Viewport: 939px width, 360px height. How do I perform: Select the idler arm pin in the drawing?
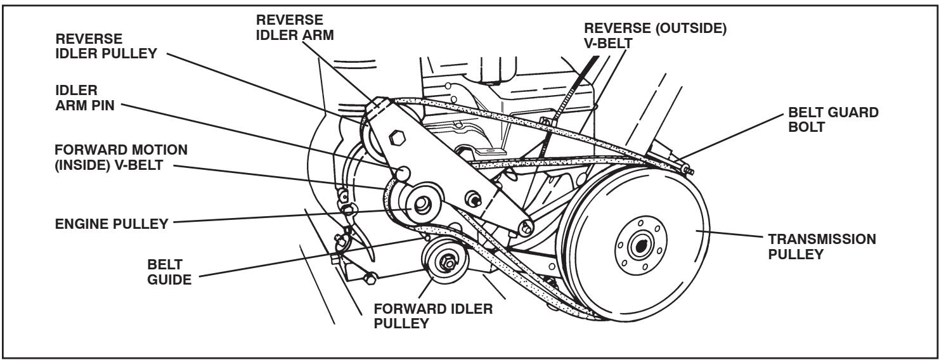[402, 172]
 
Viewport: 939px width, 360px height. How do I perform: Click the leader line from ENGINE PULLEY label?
[285, 217]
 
